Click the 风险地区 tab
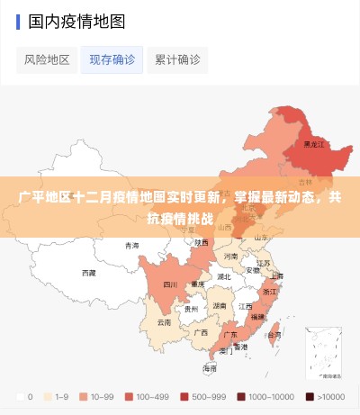point(47,59)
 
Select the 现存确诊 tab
point(112,59)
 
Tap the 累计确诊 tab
point(176,59)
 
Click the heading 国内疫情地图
point(76,20)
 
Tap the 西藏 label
point(88,272)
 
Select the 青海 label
point(132,245)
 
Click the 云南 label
point(164,321)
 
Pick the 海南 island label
point(210,368)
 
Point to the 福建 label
point(258,317)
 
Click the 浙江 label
point(270,292)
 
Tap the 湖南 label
point(219,305)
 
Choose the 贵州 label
point(191,308)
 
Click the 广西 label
point(200,331)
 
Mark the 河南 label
point(230,256)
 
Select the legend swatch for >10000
point(310,396)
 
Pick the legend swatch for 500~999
point(186,396)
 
